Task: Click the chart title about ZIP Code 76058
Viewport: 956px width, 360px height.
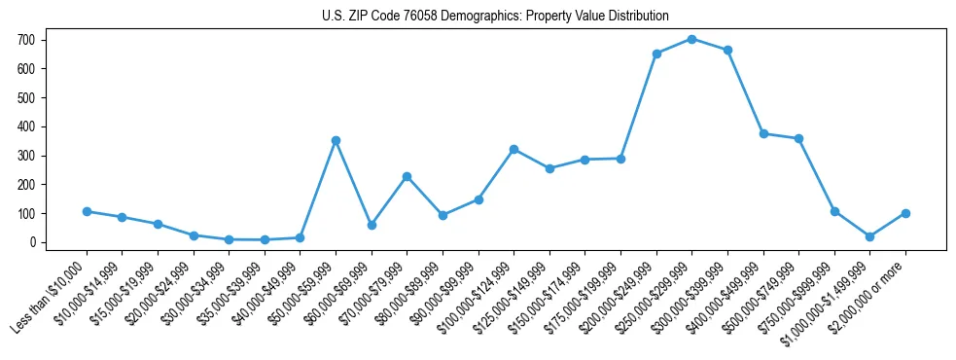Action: coord(495,16)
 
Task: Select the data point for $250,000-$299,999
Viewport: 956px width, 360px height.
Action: coord(691,39)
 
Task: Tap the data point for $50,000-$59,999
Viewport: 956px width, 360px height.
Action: coord(336,140)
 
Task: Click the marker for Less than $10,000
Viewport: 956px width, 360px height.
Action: coord(87,211)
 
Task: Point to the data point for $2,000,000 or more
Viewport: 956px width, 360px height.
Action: coord(905,213)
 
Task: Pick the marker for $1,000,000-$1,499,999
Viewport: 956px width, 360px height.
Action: coord(869,236)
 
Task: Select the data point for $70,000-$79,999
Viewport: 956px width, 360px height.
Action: coord(407,176)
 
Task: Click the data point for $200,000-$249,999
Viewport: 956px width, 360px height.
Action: coord(656,54)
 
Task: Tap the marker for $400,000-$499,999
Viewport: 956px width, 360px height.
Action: coord(763,133)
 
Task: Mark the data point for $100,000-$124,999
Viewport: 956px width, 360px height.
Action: coord(513,149)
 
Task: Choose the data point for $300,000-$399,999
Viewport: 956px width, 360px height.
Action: coord(727,50)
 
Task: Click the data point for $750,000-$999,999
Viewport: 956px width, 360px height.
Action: coord(834,211)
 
